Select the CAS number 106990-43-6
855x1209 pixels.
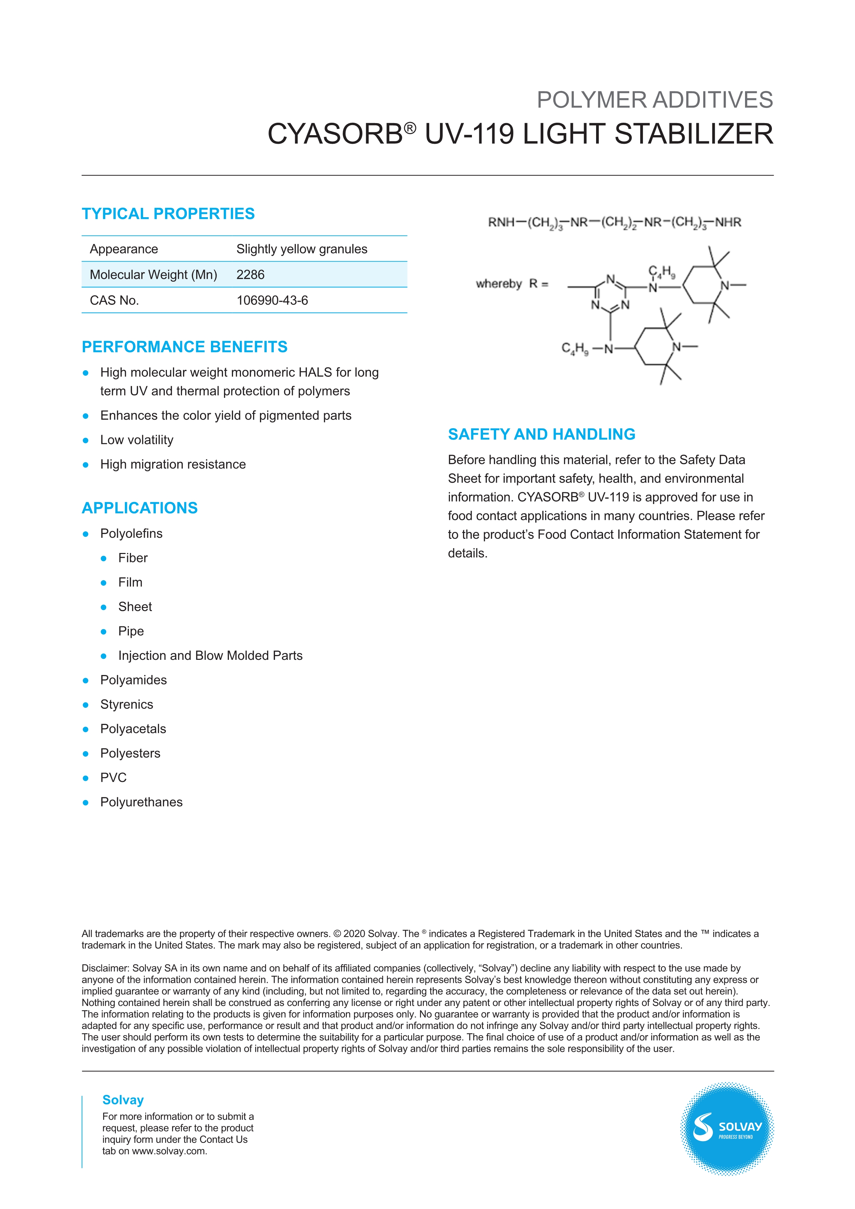pyautogui.click(x=272, y=300)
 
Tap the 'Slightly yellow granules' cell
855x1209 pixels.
pyautogui.click(x=302, y=249)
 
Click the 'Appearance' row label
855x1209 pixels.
pyautogui.click(x=124, y=249)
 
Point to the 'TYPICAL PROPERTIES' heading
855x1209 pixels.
pyautogui.click(x=168, y=214)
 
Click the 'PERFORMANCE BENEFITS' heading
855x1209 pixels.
pyautogui.click(x=184, y=347)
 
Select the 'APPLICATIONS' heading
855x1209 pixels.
pyautogui.click(x=140, y=508)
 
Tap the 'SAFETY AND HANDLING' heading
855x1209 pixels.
pyautogui.click(x=541, y=434)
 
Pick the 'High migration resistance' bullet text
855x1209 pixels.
pyautogui.click(x=173, y=464)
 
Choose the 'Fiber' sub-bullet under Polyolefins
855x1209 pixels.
pyautogui.click(x=133, y=558)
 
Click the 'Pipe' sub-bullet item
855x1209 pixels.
pyautogui.click(x=131, y=631)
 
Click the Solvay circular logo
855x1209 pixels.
pyautogui.click(x=726, y=1129)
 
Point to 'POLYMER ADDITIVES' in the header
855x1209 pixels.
pyautogui.click(x=654, y=100)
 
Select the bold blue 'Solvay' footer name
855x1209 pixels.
pyautogui.click(x=123, y=1100)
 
